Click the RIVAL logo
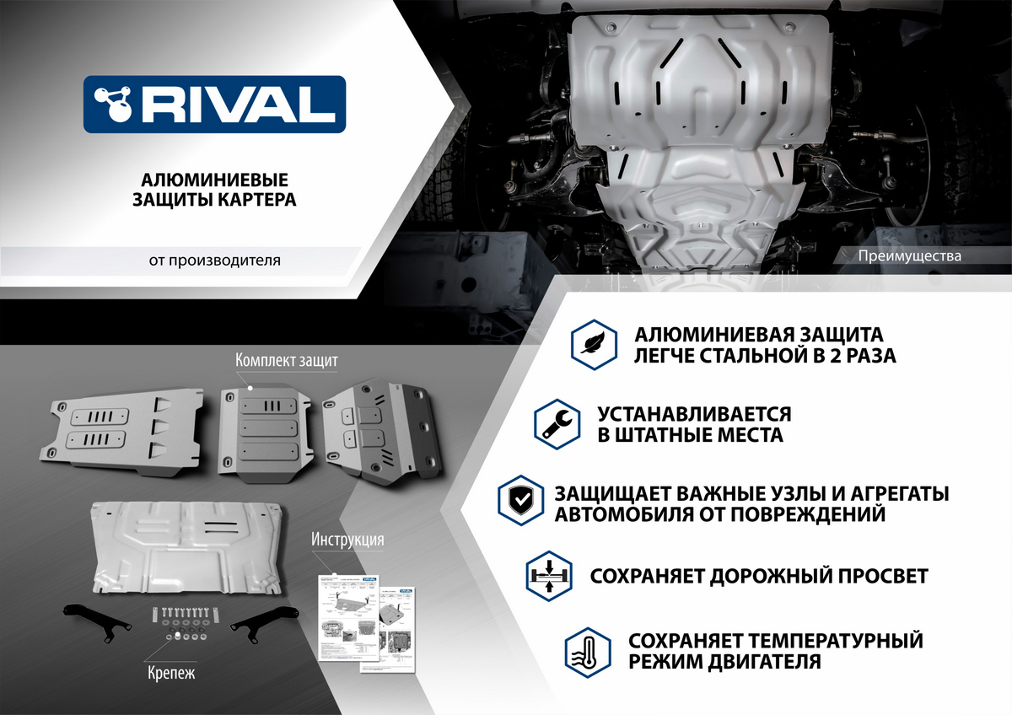[214, 104]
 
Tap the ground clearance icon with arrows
[548, 576]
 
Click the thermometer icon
[587, 651]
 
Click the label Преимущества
[908, 256]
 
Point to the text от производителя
[215, 261]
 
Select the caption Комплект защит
[287, 361]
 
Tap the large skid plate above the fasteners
[187, 546]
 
